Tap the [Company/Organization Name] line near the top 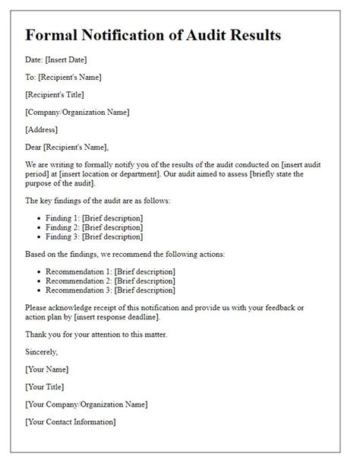coord(77,112)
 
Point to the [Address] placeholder coord(41,129)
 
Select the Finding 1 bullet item coord(94,218)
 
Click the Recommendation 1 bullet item coord(110,271)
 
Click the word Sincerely coord(41,352)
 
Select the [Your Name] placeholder coord(46,369)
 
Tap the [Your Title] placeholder coord(46,387)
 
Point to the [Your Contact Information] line coord(70,422)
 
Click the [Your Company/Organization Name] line coord(86,404)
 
